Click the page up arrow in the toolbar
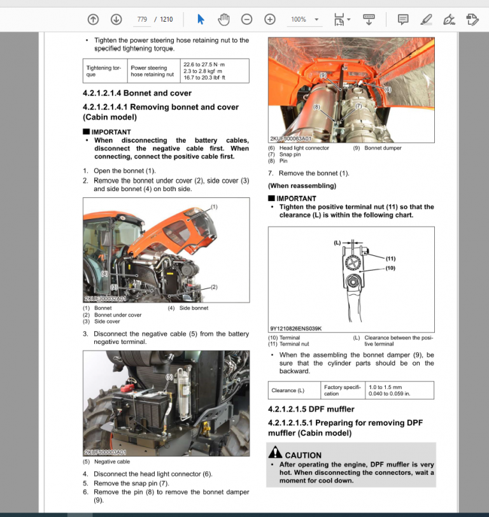93,19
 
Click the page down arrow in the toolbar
116,19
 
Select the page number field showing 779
142,19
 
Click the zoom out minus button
246,19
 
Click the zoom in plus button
270,19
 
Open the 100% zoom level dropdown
304,19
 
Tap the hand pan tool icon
223,19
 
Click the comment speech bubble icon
403,19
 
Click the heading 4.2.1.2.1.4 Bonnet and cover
137,93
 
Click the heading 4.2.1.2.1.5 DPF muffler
311,409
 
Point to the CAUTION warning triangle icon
275,453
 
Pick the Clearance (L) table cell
288,390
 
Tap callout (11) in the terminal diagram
390,258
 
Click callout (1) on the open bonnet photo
214,207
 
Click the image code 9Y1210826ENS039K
296,329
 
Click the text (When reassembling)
302,186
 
